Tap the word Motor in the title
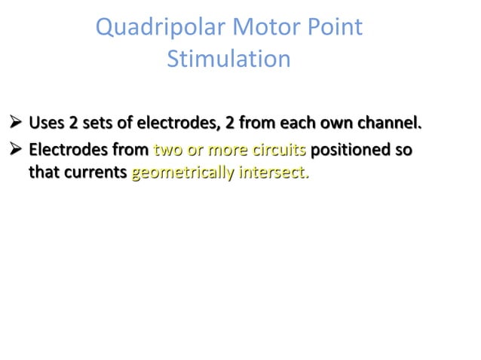(260, 29)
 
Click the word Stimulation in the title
(228, 59)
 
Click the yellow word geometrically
(182, 174)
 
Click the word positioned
(354, 150)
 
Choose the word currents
(93, 174)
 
